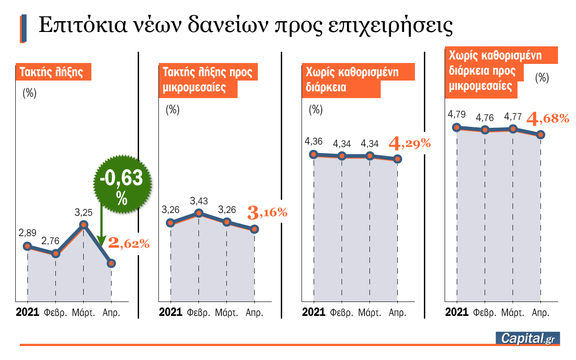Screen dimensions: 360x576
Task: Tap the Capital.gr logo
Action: point(527,338)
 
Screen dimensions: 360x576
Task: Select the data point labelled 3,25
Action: point(83,225)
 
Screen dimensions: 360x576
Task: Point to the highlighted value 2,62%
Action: point(128,244)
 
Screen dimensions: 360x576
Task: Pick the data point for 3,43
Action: point(198,213)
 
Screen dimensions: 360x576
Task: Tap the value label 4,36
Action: point(313,142)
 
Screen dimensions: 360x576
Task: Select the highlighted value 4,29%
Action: point(409,144)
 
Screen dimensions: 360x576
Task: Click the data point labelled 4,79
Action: point(457,127)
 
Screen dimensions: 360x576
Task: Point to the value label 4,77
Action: point(513,117)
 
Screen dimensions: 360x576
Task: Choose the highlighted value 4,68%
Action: point(548,119)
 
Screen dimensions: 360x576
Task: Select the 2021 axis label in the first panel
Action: point(27,312)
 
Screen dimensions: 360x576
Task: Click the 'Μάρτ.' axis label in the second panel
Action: point(226,312)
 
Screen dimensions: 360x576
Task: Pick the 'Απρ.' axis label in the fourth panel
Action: point(541,312)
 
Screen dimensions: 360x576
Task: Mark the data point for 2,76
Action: point(55,254)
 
